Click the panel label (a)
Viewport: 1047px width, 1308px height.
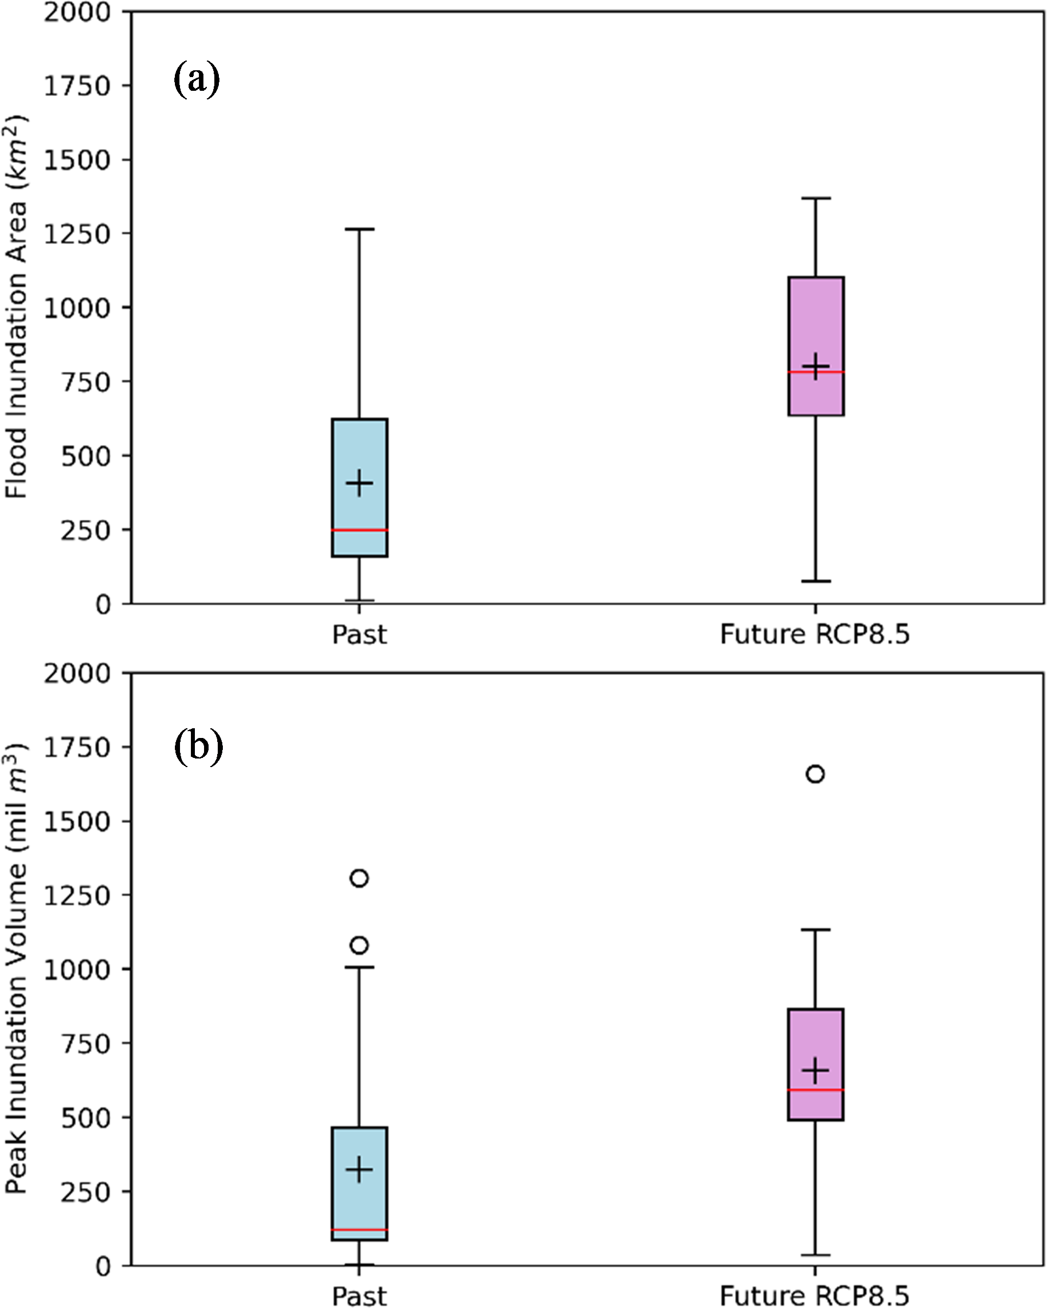[x=197, y=79]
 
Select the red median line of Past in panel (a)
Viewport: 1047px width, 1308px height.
[x=359, y=530]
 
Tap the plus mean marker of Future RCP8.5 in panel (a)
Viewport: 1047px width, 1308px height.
[x=816, y=367]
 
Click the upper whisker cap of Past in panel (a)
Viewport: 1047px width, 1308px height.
[x=359, y=229]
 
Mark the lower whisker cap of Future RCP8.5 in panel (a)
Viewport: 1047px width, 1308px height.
[x=816, y=581]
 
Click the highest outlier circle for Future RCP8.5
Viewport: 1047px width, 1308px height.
[x=815, y=774]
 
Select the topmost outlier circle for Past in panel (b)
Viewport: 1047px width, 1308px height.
[x=359, y=878]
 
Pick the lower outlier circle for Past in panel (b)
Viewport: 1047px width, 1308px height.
[x=359, y=945]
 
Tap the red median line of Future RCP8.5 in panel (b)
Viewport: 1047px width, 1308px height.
[x=816, y=1090]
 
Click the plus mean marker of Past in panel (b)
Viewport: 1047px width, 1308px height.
[x=359, y=1170]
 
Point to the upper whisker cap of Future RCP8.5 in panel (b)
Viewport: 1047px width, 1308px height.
[x=816, y=929]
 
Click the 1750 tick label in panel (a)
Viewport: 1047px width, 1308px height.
[x=77, y=86]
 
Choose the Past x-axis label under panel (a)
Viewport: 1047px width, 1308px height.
[x=359, y=635]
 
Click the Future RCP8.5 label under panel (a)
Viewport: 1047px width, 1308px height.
[x=815, y=635]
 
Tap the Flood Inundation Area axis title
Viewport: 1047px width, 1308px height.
[x=17, y=306]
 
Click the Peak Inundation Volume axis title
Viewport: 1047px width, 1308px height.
[x=17, y=969]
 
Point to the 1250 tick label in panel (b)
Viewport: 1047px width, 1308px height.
[x=77, y=896]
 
